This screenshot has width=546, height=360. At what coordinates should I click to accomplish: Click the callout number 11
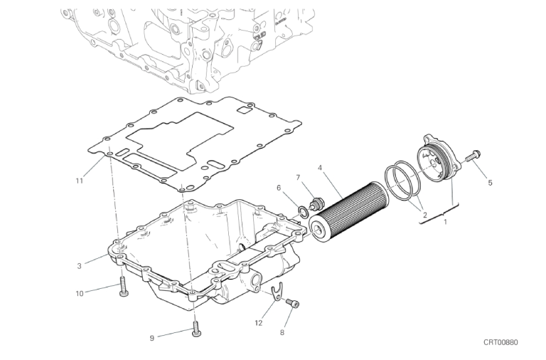pyautogui.click(x=80, y=181)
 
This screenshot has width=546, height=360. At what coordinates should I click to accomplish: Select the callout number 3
pyautogui.click(x=80, y=266)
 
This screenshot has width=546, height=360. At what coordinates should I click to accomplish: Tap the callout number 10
pyautogui.click(x=80, y=293)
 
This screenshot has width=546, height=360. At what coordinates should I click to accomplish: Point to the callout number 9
pyautogui.click(x=152, y=338)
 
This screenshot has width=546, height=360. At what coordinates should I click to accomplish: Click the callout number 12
pyautogui.click(x=258, y=323)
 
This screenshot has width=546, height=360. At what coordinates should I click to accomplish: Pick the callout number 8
pyautogui.click(x=282, y=333)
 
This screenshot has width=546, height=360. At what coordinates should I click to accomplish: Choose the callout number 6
pyautogui.click(x=279, y=189)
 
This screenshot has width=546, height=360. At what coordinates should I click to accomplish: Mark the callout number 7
pyautogui.click(x=298, y=178)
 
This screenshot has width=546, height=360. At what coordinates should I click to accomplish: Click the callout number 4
pyautogui.click(x=320, y=168)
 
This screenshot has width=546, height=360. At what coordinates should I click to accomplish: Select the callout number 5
pyautogui.click(x=490, y=183)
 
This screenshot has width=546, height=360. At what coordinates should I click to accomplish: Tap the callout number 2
pyautogui.click(x=424, y=215)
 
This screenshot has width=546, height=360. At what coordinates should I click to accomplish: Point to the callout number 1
pyautogui.click(x=445, y=222)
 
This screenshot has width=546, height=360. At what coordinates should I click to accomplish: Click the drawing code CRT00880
pyautogui.click(x=500, y=342)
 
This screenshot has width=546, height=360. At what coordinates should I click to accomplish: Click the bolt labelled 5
pyautogui.click(x=473, y=155)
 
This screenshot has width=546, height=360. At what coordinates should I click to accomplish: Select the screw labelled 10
pyautogui.click(x=123, y=287)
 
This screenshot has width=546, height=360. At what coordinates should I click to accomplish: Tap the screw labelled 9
pyautogui.click(x=196, y=329)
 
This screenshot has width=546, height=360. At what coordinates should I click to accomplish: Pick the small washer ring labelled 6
pyautogui.click(x=304, y=211)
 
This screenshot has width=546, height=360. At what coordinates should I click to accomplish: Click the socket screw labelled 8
pyautogui.click(x=292, y=304)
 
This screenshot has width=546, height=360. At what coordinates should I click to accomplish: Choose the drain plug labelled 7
pyautogui.click(x=317, y=203)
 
